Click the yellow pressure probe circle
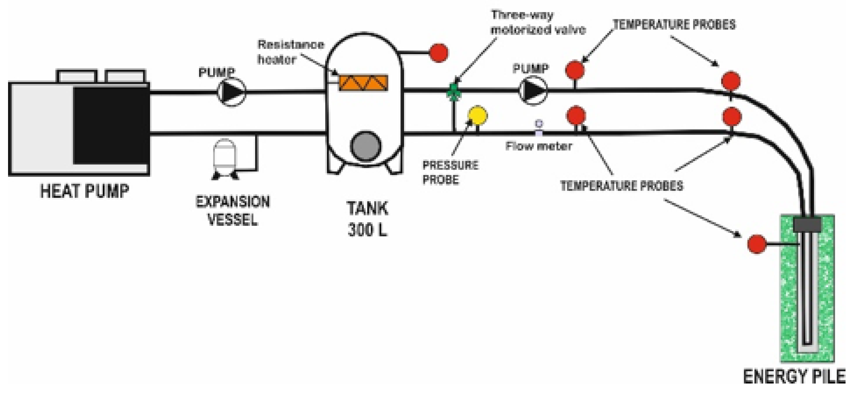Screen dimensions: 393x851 pos(478,115)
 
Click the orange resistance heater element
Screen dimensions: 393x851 pos(364,83)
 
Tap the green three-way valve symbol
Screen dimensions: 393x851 pos(454,92)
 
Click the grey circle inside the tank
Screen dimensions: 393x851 pos(365,146)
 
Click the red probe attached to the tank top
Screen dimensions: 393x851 pos(439,53)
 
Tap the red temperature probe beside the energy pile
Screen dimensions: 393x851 pos(756,244)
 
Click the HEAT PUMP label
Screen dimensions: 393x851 pos(84,191)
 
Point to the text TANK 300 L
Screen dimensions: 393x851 pos(367,218)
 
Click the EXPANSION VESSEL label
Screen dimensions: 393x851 pos(233,211)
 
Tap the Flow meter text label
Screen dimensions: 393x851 pos(538,146)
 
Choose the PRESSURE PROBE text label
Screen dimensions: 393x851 pos(450,172)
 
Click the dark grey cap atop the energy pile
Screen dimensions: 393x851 pos(807,225)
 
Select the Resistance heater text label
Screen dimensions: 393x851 pos(291,52)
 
